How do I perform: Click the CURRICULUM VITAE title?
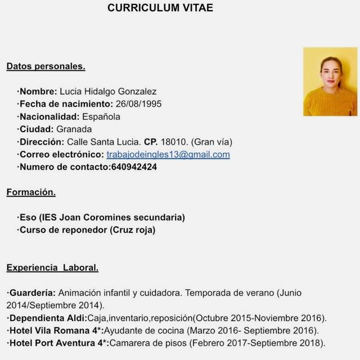pyautogui.click(x=160, y=8)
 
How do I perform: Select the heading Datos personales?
pyautogui.click(x=46, y=66)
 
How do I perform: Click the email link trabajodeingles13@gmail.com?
pyautogui.click(x=168, y=154)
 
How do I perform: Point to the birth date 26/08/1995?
pyautogui.click(x=138, y=104)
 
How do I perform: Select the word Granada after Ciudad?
pyautogui.click(x=74, y=129)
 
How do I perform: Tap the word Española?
pyautogui.click(x=101, y=117)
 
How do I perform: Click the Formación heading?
pyautogui.click(x=31, y=192)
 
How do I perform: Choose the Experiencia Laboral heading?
pyautogui.click(x=52, y=268)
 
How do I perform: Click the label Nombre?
pyautogui.click(x=38, y=92)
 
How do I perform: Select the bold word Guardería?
pyautogui.click(x=32, y=293)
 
